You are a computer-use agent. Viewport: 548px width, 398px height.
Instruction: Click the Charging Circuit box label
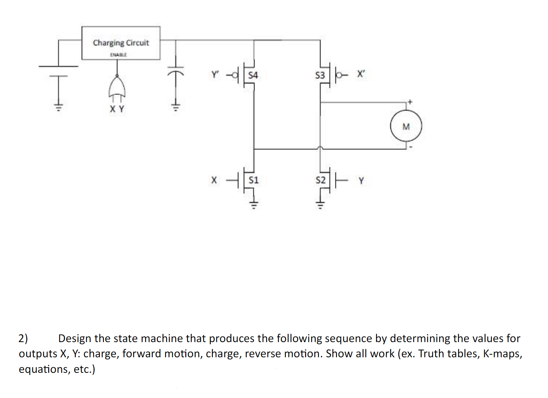pos(121,43)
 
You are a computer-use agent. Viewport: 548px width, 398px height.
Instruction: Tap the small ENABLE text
pos(118,55)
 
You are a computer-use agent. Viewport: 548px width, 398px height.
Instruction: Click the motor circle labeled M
pos(406,126)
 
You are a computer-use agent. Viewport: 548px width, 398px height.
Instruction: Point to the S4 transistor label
pos(253,75)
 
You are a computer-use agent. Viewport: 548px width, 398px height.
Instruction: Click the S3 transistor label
pos(320,75)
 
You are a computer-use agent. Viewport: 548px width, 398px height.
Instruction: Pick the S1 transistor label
pos(254,180)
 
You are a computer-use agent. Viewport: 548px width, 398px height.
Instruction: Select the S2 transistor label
pos(321,180)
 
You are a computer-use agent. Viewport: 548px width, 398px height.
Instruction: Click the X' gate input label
pos(361,74)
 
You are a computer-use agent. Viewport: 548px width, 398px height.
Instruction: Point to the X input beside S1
pos(214,180)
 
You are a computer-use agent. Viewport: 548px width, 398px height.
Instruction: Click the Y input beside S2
pos(361,181)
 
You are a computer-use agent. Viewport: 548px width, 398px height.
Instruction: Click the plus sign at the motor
pos(410,101)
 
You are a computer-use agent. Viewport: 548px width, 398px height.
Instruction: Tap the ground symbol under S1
pos(254,204)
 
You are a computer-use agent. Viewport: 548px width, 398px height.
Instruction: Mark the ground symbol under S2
pos(320,204)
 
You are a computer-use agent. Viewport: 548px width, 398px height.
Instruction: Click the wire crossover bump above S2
pos(320,148)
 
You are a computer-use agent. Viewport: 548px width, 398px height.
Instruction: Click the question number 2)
pos(23,338)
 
